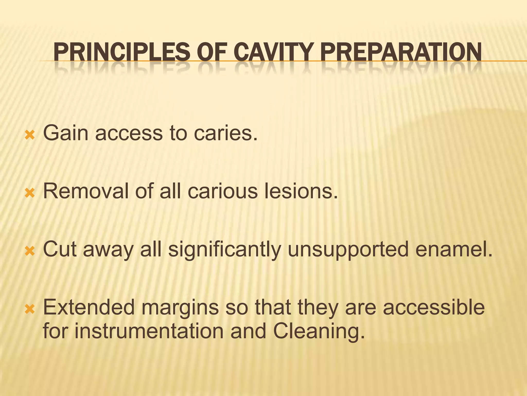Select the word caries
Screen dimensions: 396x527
[225, 133]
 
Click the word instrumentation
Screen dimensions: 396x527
[149, 331]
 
